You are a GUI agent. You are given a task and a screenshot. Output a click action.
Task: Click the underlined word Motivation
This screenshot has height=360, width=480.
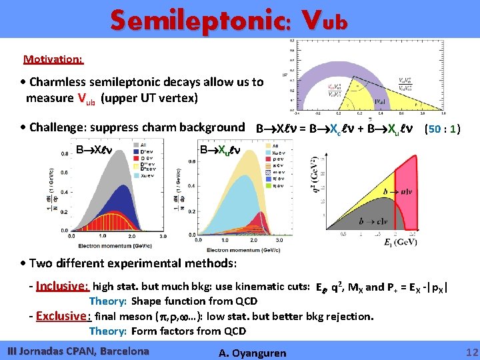pyautogui.click(x=53, y=59)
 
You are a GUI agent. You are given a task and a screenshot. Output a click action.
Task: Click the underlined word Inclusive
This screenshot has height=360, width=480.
pyautogui.click(x=63, y=287)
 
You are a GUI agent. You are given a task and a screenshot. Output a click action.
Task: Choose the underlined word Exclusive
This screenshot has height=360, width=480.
pyautogui.click(x=63, y=316)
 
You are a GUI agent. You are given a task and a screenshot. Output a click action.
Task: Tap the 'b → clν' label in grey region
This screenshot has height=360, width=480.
pyautogui.click(x=375, y=221)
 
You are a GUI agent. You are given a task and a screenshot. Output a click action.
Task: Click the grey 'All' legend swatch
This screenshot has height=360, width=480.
pyautogui.click(x=136, y=145)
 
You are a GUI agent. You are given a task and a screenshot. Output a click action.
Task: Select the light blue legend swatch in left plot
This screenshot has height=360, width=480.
pyautogui.click(x=136, y=176)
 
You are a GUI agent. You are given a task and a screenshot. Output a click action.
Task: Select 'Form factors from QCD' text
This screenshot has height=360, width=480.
pyautogui.click(x=189, y=331)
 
